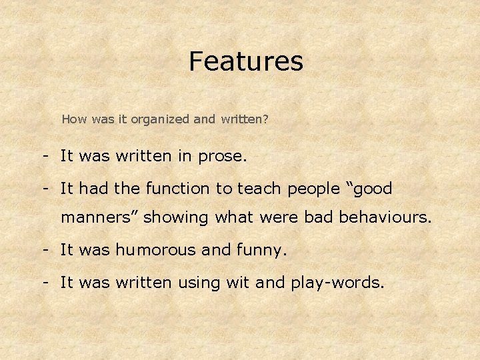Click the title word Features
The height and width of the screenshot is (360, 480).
245,61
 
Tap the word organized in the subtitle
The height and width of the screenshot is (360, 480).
159,120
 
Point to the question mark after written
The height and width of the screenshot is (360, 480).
266,120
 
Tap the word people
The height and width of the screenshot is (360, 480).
313,190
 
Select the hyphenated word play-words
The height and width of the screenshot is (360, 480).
337,283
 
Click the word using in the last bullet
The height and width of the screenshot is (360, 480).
200,283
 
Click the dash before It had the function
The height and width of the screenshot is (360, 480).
43,189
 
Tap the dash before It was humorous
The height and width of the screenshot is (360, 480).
43,251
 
